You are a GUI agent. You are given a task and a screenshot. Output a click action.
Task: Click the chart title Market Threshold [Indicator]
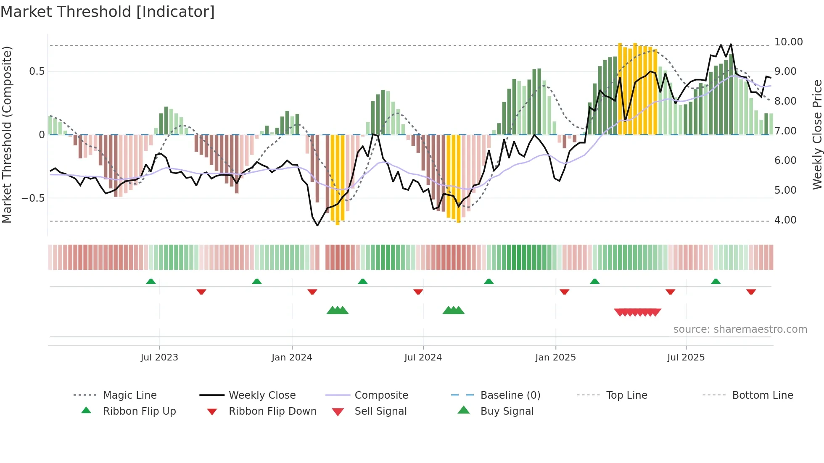[x=108, y=12]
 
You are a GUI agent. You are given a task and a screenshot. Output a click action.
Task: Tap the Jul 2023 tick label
[x=159, y=358]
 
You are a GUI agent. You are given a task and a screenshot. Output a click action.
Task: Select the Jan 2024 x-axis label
[x=292, y=358]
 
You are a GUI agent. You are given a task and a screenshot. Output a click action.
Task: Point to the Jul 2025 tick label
[x=686, y=358]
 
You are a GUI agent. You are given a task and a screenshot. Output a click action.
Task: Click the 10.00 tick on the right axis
[x=788, y=42]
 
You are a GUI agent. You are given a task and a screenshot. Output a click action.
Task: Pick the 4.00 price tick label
[x=785, y=220]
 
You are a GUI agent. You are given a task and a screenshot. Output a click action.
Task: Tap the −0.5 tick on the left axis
[x=33, y=198]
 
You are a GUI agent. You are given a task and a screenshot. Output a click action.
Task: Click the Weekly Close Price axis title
[x=817, y=134]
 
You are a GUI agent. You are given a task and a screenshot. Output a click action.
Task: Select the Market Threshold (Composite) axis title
[x=7, y=134]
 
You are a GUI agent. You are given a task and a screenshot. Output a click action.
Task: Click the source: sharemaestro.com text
[x=740, y=329]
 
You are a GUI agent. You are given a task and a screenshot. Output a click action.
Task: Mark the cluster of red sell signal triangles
[x=637, y=313]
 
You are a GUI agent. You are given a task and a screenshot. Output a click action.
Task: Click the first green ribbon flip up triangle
[x=151, y=281]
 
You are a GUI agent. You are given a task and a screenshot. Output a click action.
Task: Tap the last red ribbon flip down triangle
[x=751, y=292]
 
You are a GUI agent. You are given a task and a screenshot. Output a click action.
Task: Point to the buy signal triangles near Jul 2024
[x=453, y=310]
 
